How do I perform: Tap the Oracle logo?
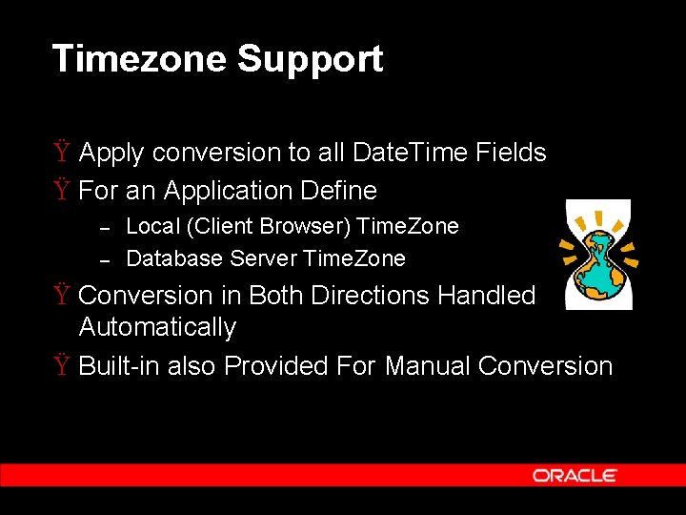click(575, 475)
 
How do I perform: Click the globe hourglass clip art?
click(597, 255)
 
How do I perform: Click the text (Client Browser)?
click(242, 227)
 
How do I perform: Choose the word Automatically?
click(157, 327)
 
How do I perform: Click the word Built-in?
click(119, 366)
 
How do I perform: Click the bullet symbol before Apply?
click(61, 153)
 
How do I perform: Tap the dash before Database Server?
click(107, 259)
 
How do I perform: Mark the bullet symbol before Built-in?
click(61, 366)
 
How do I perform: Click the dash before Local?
click(107, 227)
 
